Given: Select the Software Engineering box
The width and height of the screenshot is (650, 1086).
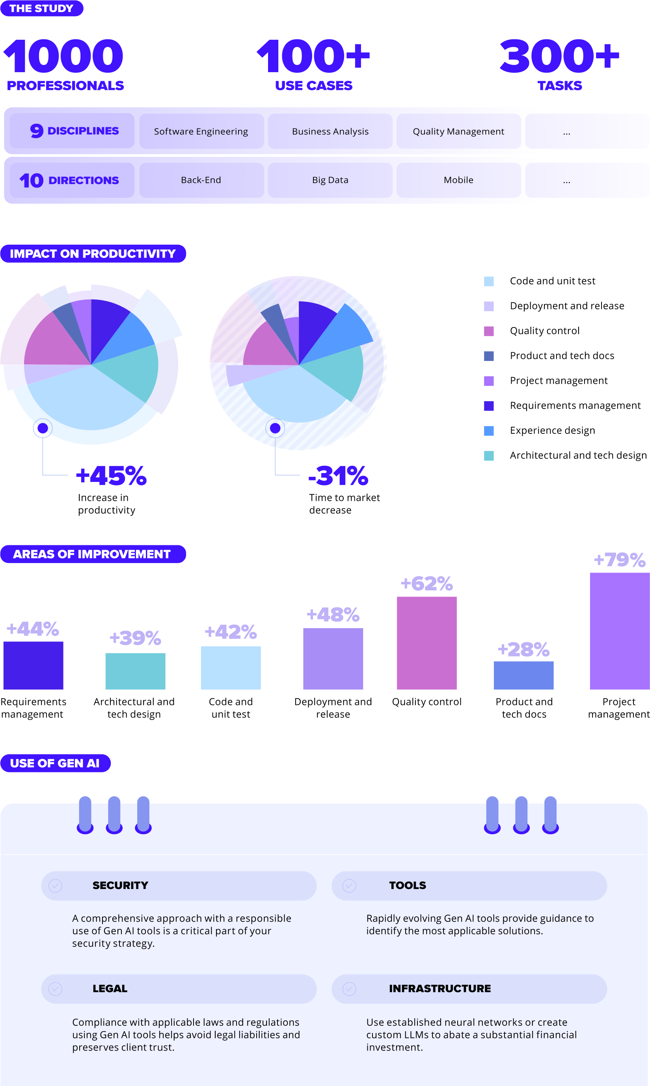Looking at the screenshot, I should pyautogui.click(x=201, y=131).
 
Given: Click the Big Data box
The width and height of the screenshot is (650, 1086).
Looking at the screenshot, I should pyautogui.click(x=330, y=180).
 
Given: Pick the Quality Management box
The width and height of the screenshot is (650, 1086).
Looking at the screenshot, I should pyautogui.click(x=458, y=131).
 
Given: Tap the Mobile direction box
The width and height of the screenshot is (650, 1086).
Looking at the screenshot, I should pyautogui.click(x=458, y=180).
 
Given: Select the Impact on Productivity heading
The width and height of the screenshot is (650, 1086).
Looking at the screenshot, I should pyautogui.click(x=93, y=253).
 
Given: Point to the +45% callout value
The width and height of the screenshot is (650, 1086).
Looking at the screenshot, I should pyautogui.click(x=111, y=476).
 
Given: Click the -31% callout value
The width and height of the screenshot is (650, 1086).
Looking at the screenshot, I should pyautogui.click(x=338, y=476).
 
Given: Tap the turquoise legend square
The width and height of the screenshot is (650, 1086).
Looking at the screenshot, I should pyautogui.click(x=488, y=456).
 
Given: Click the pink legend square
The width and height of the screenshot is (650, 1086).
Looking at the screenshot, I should pyautogui.click(x=488, y=331).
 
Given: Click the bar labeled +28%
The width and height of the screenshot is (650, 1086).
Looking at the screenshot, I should pyautogui.click(x=523, y=675).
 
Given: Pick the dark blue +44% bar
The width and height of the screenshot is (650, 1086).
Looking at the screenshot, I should pyautogui.click(x=33, y=665).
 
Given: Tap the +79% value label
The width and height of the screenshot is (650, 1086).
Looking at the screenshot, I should pyautogui.click(x=618, y=560).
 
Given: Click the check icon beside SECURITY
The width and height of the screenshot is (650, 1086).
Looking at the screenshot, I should pyautogui.click(x=55, y=885).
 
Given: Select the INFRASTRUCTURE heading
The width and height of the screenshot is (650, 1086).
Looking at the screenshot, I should pyautogui.click(x=440, y=988).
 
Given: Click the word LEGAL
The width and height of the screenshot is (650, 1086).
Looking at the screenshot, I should pyautogui.click(x=110, y=988).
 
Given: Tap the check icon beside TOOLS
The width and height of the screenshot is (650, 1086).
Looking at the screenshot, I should pyautogui.click(x=349, y=885).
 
